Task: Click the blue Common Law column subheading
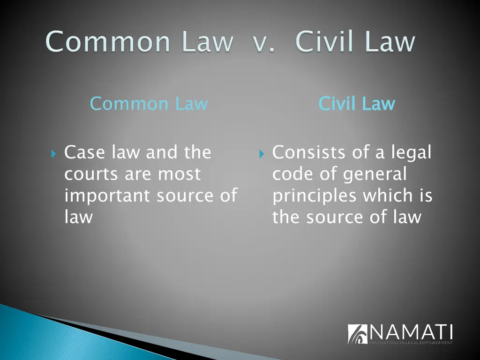149,104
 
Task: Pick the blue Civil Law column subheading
357,104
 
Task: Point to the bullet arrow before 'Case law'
53,153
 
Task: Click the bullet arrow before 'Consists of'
262,153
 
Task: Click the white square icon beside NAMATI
358,334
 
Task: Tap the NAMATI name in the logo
412,332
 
